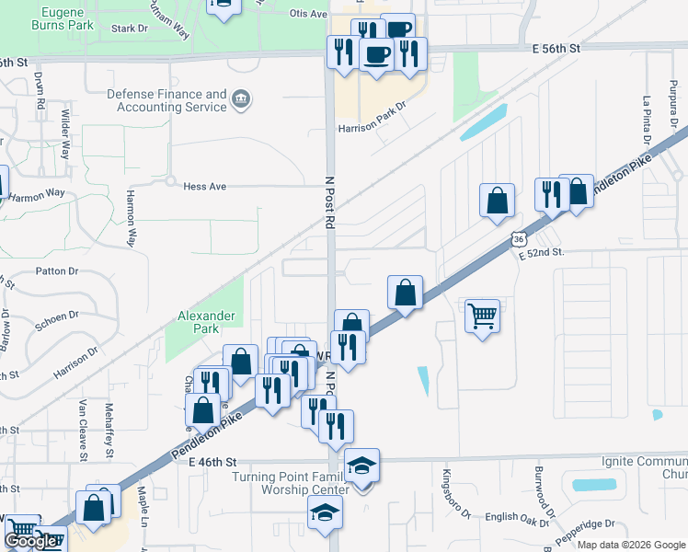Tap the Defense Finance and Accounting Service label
[x=166, y=100]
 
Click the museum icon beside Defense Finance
[x=241, y=99]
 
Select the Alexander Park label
[x=207, y=322]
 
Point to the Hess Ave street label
[x=204, y=186]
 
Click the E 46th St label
[x=213, y=462]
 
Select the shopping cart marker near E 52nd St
[x=482, y=316]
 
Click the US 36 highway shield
[x=520, y=239]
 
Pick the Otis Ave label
[x=308, y=15]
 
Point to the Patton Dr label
[x=58, y=271]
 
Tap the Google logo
[x=29, y=541]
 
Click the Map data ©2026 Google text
[x=631, y=545]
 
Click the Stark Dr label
[x=129, y=29]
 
